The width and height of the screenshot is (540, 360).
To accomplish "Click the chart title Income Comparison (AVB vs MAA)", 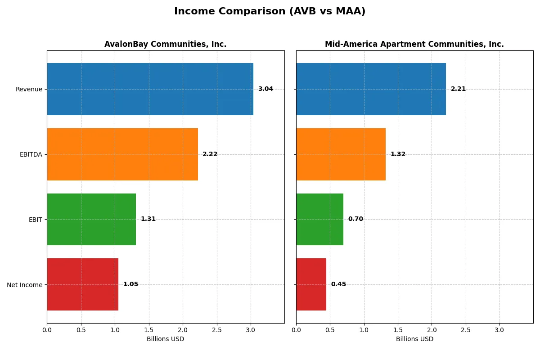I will [270, 12].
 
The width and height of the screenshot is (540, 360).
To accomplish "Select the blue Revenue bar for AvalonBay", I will [150, 89].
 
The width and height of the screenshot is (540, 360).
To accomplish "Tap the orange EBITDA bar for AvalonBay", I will [122, 154].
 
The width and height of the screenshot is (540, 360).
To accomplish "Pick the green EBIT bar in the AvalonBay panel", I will [91, 219].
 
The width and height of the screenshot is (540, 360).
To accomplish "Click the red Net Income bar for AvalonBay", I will [82, 284].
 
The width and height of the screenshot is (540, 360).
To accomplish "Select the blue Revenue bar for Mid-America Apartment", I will [371, 89].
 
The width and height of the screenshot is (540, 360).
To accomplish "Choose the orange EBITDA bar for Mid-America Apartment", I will [341, 154].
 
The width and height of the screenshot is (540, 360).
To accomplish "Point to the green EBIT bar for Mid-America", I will [319, 219].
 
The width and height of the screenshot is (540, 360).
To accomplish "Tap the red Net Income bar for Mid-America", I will [311, 284].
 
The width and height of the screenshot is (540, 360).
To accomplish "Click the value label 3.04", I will [265, 89].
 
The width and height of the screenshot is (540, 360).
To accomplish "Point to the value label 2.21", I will [458, 89].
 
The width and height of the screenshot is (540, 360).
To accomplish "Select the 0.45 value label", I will [338, 284].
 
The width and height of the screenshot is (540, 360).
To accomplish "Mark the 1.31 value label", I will [148, 219].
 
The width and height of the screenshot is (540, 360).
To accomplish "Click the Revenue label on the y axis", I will [29, 89].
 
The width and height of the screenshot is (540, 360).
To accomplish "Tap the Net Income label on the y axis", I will [24, 285].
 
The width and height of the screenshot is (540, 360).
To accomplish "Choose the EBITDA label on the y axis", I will [31, 154].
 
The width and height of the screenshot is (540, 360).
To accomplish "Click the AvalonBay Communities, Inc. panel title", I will [165, 44].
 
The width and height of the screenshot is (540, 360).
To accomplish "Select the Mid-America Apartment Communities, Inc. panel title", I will [414, 44].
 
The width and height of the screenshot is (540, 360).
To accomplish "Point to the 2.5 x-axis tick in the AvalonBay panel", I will [217, 330].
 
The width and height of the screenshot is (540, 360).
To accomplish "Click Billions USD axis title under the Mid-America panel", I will [414, 339].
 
